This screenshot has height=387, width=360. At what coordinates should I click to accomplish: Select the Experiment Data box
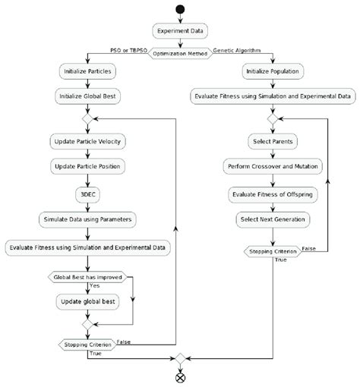180,33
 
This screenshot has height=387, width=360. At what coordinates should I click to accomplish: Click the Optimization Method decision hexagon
180,53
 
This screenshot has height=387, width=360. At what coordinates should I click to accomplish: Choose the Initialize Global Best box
89,96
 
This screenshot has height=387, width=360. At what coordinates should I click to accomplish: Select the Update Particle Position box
89,166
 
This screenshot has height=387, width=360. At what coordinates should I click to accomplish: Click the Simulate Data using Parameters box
89,219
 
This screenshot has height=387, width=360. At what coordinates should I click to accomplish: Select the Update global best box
89,301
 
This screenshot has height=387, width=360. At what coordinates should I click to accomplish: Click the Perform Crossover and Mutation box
272,166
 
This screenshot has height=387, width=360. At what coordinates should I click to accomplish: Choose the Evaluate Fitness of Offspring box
272,193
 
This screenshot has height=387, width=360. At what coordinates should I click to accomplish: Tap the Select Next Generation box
272,219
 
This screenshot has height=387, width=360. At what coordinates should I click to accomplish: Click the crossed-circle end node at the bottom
180,377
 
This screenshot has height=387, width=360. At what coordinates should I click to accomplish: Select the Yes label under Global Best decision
95,287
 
